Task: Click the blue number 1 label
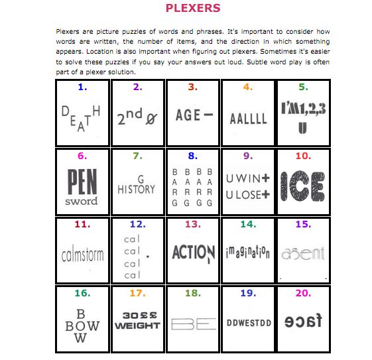[x=82, y=87]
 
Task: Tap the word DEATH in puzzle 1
[x=82, y=118]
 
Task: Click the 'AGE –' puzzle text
[x=193, y=115]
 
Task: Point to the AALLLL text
[x=248, y=119]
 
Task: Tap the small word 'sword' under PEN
[x=82, y=201]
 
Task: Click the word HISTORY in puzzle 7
[x=137, y=189]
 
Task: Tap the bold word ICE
[x=302, y=186]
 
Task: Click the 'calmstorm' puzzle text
[x=82, y=254]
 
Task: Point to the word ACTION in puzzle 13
[x=193, y=253]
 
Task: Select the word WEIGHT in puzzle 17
[x=137, y=326]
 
